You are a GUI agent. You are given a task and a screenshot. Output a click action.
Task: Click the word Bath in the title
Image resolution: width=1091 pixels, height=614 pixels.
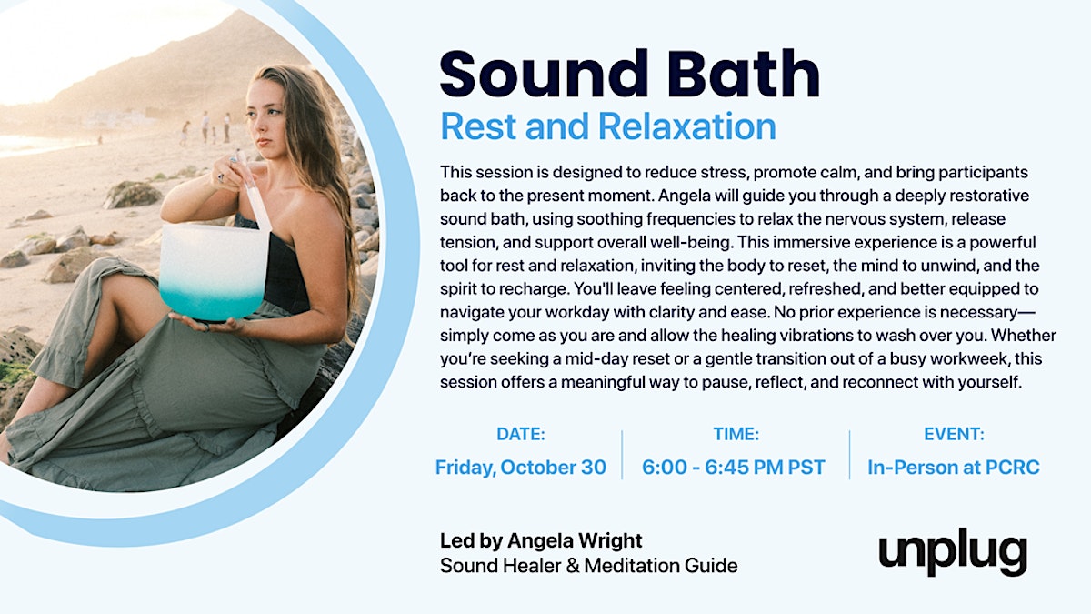pos(744,74)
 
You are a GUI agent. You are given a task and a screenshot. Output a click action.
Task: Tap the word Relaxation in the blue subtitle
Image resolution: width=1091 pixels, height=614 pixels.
pos(686,126)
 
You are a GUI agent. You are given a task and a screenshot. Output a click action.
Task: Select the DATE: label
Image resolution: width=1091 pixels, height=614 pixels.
pos(521,434)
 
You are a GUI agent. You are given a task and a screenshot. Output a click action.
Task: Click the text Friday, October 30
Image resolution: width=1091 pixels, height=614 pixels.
pos(521,468)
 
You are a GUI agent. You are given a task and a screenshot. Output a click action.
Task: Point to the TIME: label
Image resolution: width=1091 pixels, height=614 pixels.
pos(736,434)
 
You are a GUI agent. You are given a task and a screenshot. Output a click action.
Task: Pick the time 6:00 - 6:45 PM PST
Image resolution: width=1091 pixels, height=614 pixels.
pos(734,468)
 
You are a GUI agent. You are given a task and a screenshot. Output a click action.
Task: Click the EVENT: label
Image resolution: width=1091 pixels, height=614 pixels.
pos(954,434)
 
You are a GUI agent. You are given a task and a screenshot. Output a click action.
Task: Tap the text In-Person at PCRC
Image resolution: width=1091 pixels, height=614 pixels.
pos(954,468)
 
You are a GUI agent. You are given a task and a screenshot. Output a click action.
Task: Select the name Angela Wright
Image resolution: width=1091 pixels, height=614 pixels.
pos(575,540)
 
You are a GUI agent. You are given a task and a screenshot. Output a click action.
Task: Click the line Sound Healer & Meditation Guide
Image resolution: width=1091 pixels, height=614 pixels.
pos(589,566)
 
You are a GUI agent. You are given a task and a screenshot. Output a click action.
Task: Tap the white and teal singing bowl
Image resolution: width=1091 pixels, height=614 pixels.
pos(215,272)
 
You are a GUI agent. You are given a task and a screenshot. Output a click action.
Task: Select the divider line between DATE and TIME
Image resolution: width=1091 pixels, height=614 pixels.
pos(622,455)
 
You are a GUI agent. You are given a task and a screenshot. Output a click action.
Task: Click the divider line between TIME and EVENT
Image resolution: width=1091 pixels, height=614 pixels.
pos(849,455)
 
